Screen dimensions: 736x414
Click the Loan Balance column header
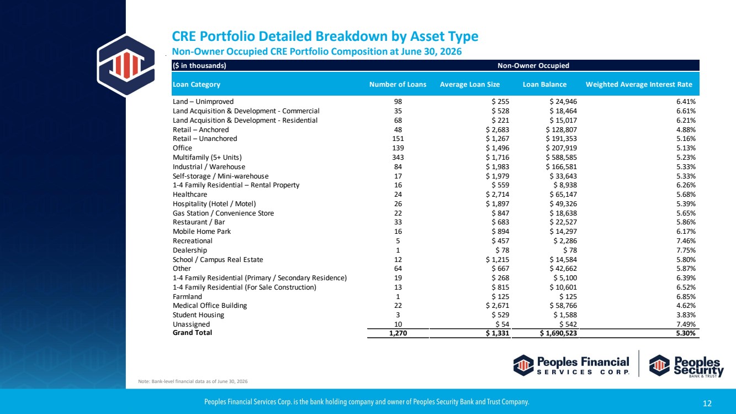544,85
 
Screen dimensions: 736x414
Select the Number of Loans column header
398,85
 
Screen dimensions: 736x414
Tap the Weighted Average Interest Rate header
639,85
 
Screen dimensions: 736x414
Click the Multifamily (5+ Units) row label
207,158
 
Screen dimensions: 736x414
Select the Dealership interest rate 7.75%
686,250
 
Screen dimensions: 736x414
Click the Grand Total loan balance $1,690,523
558,333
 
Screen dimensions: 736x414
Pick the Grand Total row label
192,333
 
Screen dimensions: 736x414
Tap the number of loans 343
398,158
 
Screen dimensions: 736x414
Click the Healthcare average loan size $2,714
497,195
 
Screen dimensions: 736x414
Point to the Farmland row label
187,297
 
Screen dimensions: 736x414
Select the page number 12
707,403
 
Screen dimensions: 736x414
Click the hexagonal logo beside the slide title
126,65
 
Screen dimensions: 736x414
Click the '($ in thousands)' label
199,66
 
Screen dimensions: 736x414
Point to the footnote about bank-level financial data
193,381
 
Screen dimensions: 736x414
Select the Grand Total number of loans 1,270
398,333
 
